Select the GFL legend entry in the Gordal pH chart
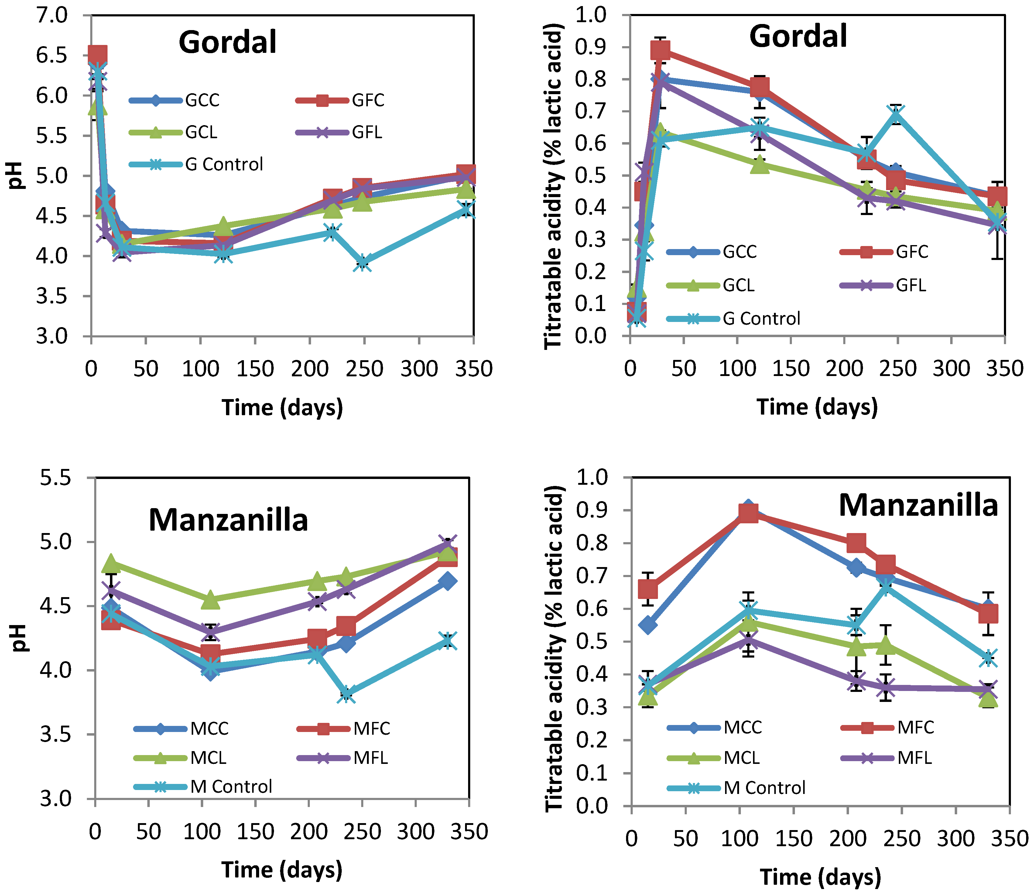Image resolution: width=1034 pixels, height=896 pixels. (367, 132)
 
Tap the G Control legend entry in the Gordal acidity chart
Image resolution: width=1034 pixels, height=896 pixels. (761, 319)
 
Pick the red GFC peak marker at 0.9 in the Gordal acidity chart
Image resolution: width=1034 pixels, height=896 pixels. (660, 50)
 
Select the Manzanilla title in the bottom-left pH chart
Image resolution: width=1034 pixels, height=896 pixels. (228, 520)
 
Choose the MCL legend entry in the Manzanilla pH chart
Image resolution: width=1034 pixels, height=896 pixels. (208, 758)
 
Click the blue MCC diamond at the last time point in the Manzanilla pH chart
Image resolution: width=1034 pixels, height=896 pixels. (447, 581)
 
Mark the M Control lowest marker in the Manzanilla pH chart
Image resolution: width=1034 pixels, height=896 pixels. (347, 693)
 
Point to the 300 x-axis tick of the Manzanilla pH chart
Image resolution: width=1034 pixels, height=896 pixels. (416, 832)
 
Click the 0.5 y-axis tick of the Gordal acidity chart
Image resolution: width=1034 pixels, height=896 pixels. (590, 176)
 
